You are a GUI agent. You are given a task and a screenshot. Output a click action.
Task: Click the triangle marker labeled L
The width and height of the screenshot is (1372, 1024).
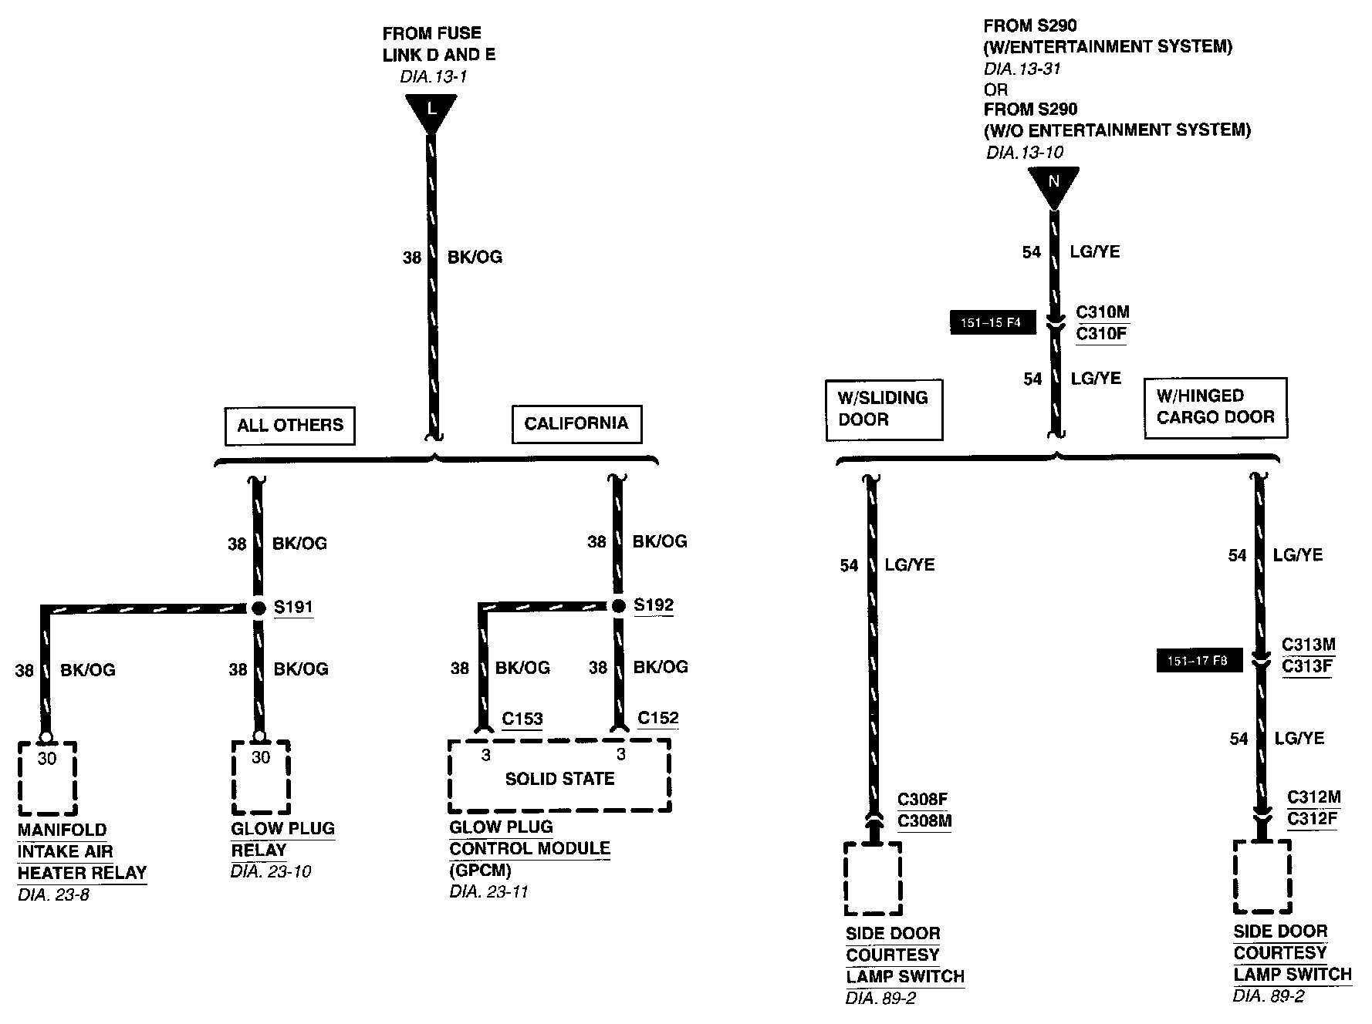431,110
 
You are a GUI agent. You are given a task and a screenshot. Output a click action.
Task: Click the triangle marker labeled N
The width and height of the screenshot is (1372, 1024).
1053,184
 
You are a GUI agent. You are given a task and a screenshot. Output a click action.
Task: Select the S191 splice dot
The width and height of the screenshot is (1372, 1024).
259,608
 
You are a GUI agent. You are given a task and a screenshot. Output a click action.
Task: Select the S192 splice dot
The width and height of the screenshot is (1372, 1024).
618,606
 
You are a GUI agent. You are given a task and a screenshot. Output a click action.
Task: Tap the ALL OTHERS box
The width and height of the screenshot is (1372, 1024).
289,426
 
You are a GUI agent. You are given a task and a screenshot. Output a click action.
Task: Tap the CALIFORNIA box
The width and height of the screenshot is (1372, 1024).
576,423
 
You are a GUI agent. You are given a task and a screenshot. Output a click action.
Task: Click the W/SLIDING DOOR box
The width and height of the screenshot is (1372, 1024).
884,409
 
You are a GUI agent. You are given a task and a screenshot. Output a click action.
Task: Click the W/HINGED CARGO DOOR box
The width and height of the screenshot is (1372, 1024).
1215,407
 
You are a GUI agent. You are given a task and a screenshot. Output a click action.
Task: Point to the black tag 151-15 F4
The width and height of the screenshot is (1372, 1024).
991,322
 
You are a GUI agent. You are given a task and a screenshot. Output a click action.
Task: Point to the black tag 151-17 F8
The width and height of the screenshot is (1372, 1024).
1198,661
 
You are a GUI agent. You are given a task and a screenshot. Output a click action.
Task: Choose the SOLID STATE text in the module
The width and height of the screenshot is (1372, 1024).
559,779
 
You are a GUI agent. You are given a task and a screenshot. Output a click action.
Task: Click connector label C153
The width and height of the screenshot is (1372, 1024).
522,719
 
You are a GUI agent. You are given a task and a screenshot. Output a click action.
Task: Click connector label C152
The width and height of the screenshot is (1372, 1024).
657,717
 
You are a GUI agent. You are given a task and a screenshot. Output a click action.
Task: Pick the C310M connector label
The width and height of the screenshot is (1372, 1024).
1102,312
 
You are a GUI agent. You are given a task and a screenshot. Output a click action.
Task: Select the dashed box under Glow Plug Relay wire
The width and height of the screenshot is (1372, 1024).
260,777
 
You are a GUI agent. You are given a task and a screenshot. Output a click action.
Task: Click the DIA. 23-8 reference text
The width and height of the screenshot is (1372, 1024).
54,895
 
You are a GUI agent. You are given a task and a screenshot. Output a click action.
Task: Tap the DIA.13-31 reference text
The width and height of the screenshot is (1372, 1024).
1022,69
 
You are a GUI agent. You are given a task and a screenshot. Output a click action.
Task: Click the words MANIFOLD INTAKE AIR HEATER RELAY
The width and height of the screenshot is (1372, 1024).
81,851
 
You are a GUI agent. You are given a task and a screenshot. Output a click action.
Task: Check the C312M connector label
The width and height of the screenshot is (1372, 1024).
1313,797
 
